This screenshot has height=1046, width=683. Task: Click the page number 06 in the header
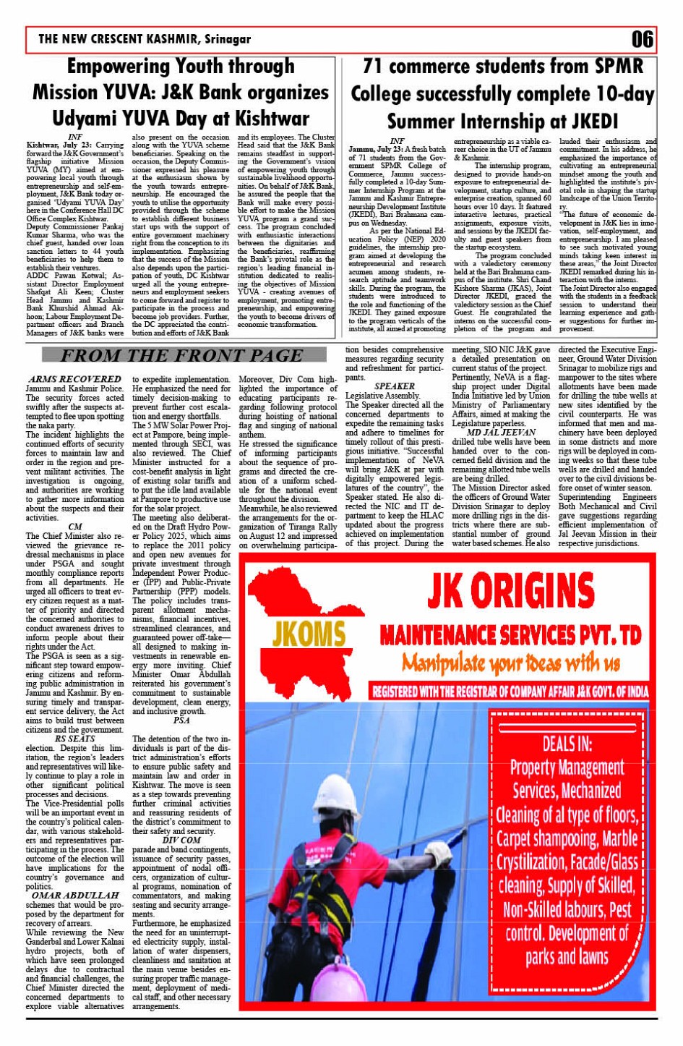tap(642, 39)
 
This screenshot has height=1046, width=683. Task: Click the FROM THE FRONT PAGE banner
tap(181, 355)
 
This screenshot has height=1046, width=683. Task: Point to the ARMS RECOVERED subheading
tap(74, 379)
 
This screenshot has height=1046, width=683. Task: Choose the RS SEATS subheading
tap(74, 739)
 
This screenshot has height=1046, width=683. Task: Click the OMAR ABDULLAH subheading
tap(74, 896)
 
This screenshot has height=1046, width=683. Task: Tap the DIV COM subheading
tap(181, 841)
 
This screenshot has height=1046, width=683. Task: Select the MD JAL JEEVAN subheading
tap(501, 433)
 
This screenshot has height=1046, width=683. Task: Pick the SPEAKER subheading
tap(395, 386)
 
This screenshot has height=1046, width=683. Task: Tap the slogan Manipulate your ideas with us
tap(511, 662)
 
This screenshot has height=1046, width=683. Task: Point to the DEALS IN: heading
tap(567, 744)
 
